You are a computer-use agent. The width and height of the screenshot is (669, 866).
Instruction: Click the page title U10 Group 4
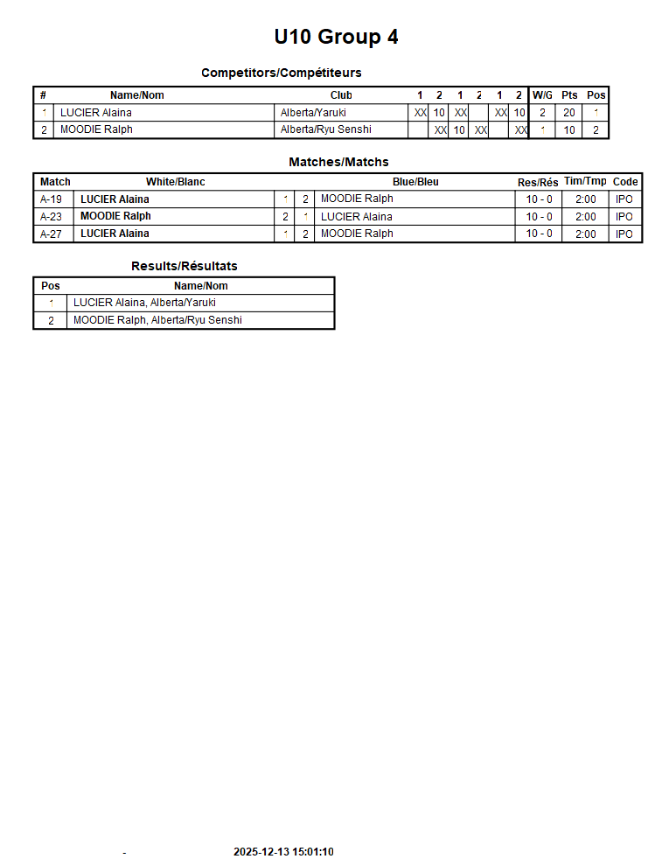pos(336,37)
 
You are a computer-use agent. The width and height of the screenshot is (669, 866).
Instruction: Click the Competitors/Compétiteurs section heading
pos(281,73)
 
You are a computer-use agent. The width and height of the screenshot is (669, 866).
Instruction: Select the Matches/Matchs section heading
pos(338,162)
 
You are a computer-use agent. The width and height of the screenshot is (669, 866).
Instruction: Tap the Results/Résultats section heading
pos(184,266)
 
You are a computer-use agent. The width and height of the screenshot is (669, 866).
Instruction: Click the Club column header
pos(341,95)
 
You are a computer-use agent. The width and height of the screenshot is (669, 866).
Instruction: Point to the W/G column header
pos(542,95)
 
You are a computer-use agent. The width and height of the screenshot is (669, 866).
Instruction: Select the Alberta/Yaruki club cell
pos(313,113)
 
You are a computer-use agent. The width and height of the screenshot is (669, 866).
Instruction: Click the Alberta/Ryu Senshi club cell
pos(325,129)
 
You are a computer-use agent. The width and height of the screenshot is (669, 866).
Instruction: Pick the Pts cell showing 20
pos(569,113)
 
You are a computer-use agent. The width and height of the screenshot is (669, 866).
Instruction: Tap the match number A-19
pos(51,199)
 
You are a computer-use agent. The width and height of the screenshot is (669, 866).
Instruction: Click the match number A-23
pos(51,216)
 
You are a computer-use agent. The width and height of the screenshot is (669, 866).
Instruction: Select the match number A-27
pos(51,234)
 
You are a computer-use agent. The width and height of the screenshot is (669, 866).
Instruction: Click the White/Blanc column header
pos(175,182)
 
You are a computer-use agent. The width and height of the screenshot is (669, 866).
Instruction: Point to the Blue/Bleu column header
pos(415,182)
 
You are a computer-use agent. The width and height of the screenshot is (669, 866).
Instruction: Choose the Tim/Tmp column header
pos(585,181)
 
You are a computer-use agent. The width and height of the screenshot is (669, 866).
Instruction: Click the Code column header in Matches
pos(625,182)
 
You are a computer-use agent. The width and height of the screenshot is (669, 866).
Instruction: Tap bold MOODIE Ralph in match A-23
pos(115,216)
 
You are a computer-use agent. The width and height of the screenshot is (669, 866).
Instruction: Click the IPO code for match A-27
pos(624,234)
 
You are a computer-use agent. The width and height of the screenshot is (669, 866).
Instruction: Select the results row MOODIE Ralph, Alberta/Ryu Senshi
pos(157,320)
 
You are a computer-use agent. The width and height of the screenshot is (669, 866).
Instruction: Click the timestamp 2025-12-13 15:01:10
pos(283,852)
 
